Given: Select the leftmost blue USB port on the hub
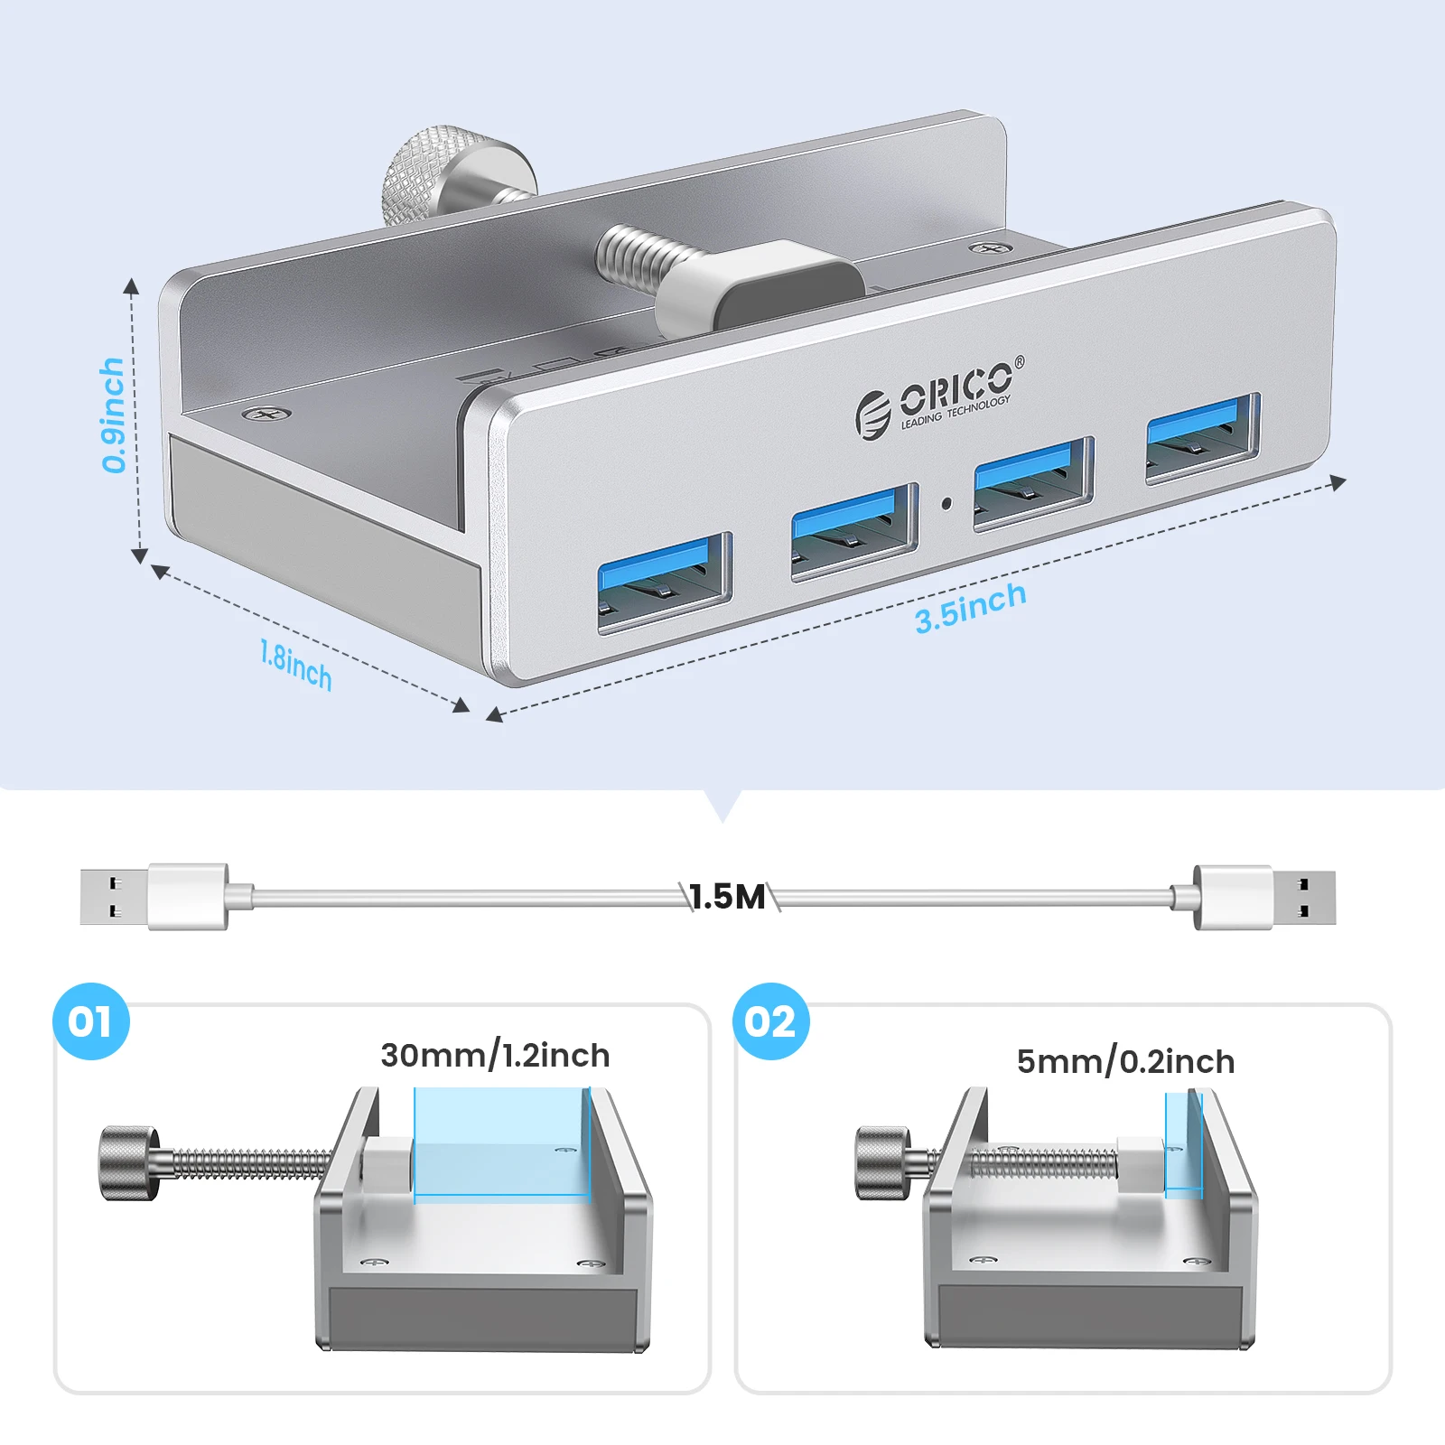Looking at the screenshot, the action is coord(664,582).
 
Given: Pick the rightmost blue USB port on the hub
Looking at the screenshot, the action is coord(1203,437).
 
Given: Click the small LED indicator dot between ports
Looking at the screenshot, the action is coord(946,503).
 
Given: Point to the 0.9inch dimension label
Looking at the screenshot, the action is coord(113,415).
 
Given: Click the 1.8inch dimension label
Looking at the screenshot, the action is coord(295,666).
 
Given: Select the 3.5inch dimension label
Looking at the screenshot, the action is coord(970,607).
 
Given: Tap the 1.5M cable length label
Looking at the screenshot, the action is coord(727,897).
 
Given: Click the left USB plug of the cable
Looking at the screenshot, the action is coord(154,896).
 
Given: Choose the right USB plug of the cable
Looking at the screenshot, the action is coord(1264,897).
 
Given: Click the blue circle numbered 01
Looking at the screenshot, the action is coord(91,1021).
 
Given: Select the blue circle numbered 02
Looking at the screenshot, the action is coord(771,1021).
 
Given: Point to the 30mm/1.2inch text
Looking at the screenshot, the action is coord(495,1056).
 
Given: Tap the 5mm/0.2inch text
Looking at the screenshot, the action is coord(1125,1061).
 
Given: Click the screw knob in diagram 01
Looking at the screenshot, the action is coord(130,1162).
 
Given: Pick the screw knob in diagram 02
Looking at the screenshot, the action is coord(883,1163).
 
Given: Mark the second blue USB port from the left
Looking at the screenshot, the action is coord(854,533).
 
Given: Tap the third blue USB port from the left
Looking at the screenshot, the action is coord(1034,483).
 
